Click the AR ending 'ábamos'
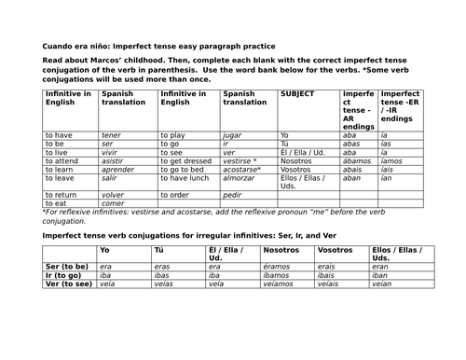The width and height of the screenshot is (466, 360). (x=359, y=159)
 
